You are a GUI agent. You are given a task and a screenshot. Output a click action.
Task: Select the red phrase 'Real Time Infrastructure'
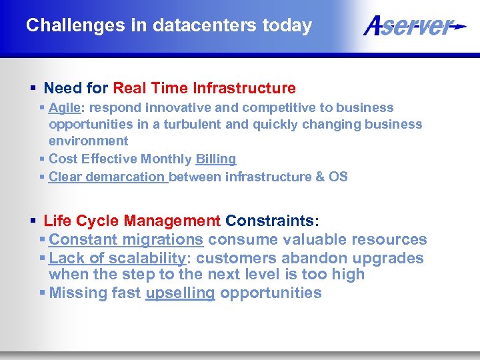[204, 88]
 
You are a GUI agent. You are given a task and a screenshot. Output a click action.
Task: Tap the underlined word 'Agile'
[64, 107]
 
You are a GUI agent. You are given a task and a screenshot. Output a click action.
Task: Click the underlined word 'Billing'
[215, 159]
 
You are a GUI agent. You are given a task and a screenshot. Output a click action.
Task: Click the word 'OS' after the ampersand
[338, 177]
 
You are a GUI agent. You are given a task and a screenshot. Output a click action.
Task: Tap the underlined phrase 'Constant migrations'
[126, 239]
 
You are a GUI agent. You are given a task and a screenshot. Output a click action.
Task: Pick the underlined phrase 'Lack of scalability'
[117, 258]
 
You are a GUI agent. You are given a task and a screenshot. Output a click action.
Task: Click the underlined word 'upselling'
[180, 293]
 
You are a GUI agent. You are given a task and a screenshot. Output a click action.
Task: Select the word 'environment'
[88, 141]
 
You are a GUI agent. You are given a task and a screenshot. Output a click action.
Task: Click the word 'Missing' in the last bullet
[75, 293]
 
